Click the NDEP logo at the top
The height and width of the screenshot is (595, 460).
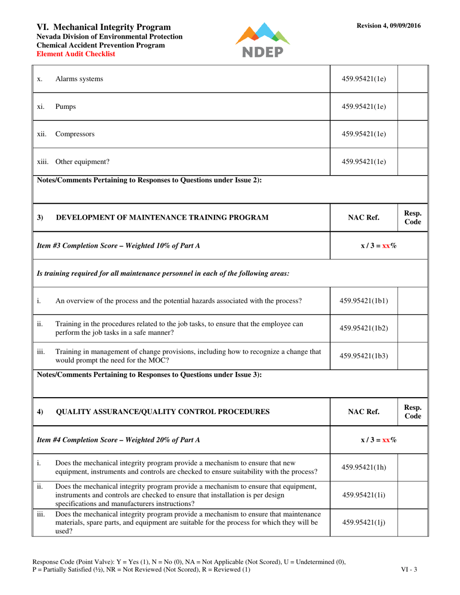click(262, 40)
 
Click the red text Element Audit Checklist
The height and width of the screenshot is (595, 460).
click(76, 54)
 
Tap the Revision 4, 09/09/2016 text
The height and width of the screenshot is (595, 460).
click(388, 26)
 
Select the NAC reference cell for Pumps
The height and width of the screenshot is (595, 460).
click(364, 107)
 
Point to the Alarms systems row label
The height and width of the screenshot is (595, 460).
click(79, 79)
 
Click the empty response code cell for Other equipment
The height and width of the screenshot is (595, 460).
click(413, 162)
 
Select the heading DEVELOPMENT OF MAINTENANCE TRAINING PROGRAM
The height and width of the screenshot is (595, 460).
click(163, 218)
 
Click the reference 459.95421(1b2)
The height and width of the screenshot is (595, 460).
click(364, 328)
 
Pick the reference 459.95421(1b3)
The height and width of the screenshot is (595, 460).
click(364, 357)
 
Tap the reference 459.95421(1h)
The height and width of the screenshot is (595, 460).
click(364, 467)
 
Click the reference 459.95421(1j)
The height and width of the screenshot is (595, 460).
click(364, 522)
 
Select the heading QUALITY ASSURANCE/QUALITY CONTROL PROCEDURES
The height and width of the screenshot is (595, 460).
click(163, 412)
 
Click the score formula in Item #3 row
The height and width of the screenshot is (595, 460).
click(379, 246)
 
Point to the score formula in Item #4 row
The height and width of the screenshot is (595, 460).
click(379, 440)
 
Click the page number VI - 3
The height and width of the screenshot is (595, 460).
click(409, 569)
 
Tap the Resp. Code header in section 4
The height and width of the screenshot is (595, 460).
click(413, 412)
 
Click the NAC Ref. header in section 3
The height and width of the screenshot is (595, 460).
click(364, 218)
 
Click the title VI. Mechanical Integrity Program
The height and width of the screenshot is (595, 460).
click(104, 27)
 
